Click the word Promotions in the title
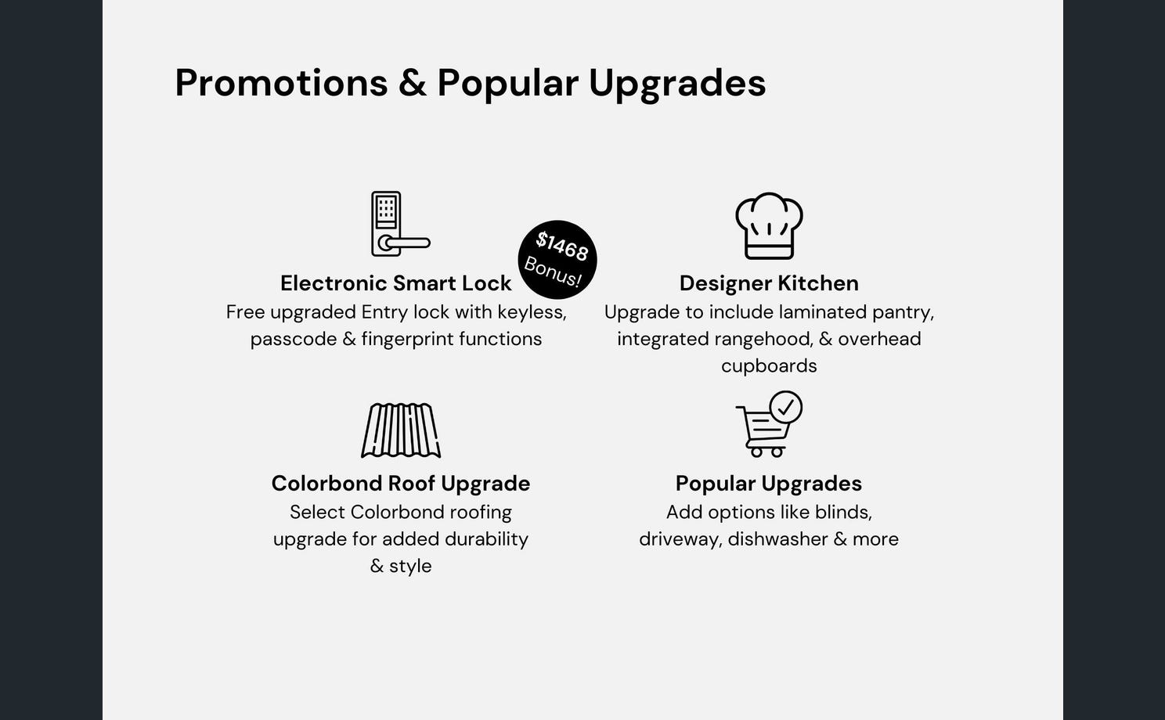[281, 83]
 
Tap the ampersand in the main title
[413, 83]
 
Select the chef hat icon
[769, 225]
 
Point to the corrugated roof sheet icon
[401, 430]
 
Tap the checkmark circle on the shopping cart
[786, 408]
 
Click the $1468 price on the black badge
[561, 246]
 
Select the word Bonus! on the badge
[552, 272]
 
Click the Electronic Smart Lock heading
[396, 283]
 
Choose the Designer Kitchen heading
[769, 283]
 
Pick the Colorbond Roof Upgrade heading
[401, 484]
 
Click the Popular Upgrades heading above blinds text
[769, 484]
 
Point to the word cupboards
[769, 366]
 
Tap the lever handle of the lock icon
[404, 243]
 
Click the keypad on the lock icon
[386, 210]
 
